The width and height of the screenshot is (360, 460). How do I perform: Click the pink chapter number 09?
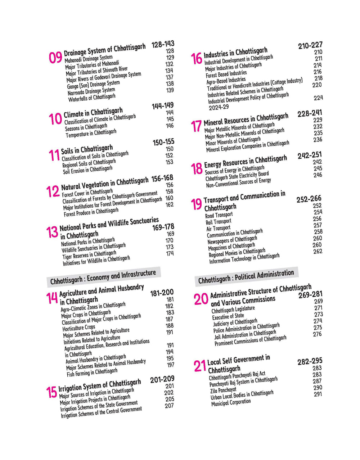[55, 58]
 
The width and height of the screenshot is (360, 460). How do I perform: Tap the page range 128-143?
[163, 44]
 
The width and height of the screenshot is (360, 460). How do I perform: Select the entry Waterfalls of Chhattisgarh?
[92, 98]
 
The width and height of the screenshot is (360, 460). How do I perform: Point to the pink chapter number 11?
[54, 155]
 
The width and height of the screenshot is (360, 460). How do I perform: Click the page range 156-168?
[162, 178]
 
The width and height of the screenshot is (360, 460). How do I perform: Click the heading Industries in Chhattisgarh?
[235, 53]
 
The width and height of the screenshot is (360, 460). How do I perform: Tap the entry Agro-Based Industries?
[226, 81]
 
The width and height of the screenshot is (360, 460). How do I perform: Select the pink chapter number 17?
[196, 126]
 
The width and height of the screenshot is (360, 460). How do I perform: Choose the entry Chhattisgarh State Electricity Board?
[237, 176]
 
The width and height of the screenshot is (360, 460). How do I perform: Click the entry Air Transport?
[218, 228]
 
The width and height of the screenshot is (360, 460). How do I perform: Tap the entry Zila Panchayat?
[223, 390]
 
